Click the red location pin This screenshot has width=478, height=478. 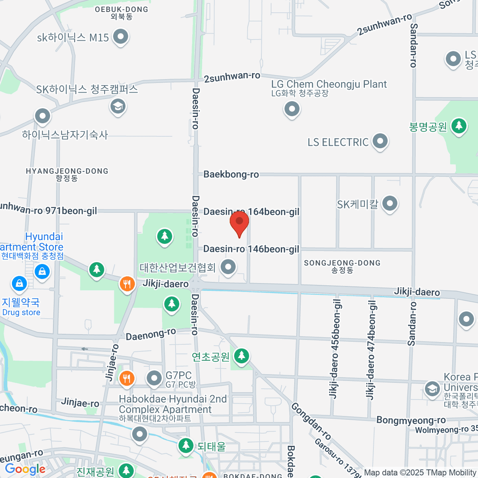pyautogui.click(x=239, y=223)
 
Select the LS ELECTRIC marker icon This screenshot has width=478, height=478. pyautogui.click(x=380, y=141)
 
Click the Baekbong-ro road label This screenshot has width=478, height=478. pyautogui.click(x=231, y=174)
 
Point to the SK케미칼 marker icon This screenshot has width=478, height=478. pyautogui.click(x=390, y=204)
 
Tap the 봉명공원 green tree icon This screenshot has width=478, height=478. pyautogui.click(x=459, y=126)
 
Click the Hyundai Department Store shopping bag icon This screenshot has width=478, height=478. pyautogui.click(x=42, y=272)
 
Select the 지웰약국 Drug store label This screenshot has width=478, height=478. pyautogui.click(x=21, y=306)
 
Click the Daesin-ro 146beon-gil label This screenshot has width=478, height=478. pyautogui.click(x=251, y=249)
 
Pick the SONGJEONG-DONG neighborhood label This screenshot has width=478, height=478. pyautogui.click(x=342, y=266)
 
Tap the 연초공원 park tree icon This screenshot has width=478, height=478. pyautogui.click(x=241, y=355)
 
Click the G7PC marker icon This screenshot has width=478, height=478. pyautogui.click(x=154, y=378)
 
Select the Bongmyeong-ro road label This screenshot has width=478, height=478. pyautogui.click(x=411, y=420)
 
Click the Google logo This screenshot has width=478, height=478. pyautogui.click(x=25, y=469)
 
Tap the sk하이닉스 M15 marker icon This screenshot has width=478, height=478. pyautogui.click(x=120, y=37)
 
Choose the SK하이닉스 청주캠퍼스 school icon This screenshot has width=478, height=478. pyautogui.click(x=118, y=106)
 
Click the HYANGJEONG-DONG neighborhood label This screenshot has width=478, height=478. pyautogui.click(x=67, y=174)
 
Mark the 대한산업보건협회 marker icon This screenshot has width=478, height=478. pyautogui.click(x=228, y=267)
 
